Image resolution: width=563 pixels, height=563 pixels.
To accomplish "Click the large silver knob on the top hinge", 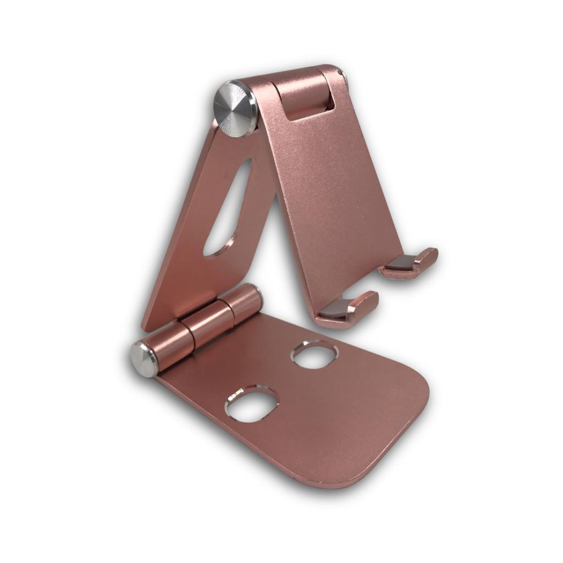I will (235, 108).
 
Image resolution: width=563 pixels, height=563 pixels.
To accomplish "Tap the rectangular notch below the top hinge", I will (308, 100).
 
